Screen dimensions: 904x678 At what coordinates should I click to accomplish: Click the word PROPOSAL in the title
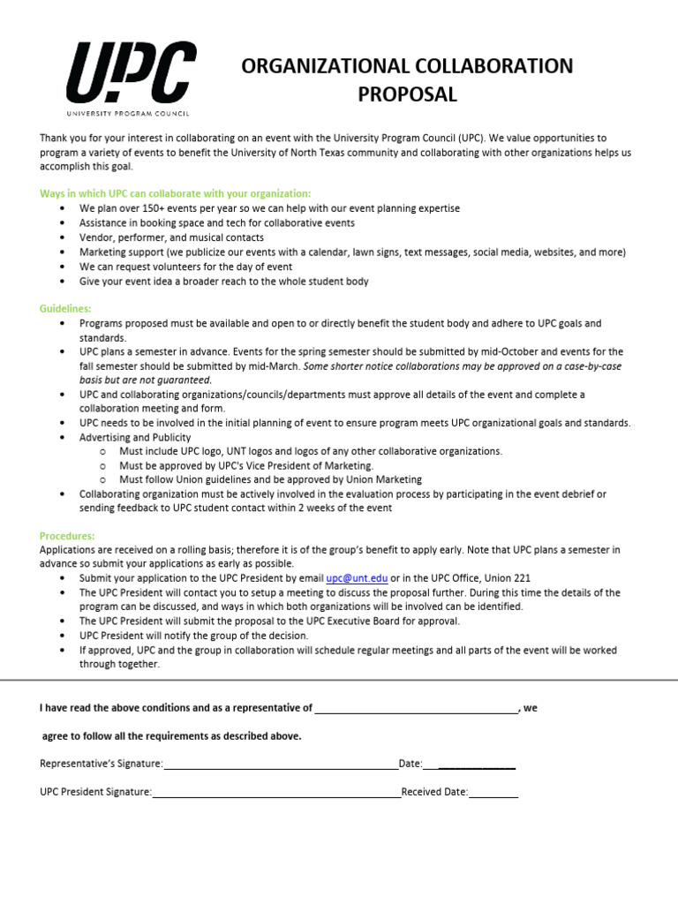click(407, 95)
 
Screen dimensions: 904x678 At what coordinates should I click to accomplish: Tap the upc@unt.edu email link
click(357, 578)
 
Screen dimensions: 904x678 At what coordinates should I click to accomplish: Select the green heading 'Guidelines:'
click(65, 309)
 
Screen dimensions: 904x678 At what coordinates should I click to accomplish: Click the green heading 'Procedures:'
click(67, 536)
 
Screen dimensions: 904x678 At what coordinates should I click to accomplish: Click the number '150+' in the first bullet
click(147, 208)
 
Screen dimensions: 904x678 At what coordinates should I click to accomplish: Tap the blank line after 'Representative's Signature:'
click(281, 764)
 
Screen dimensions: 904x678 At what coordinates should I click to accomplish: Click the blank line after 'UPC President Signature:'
click(276, 793)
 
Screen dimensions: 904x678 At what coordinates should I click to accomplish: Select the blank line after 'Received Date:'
click(493, 793)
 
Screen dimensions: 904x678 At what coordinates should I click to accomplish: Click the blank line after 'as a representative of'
click(416, 708)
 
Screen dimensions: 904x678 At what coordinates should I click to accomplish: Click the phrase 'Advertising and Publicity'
click(135, 437)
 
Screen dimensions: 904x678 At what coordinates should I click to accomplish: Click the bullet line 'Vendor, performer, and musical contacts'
click(171, 237)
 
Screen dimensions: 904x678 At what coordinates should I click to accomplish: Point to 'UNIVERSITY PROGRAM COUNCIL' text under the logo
click(128, 113)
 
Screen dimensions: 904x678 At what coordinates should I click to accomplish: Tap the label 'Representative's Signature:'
click(102, 764)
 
